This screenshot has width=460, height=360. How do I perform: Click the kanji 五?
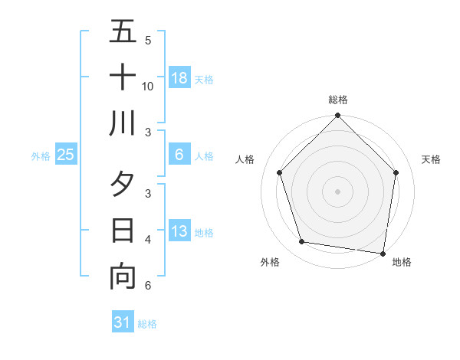point(123,31)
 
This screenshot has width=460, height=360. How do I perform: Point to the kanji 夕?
point(123,185)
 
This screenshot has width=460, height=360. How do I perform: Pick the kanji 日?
point(123,231)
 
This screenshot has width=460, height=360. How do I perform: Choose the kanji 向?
point(123,277)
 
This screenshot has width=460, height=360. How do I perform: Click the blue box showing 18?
point(179,77)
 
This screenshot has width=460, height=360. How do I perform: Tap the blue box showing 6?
point(179,155)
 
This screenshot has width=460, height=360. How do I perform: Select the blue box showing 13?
point(179,231)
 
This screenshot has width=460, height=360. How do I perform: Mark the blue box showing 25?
point(66,155)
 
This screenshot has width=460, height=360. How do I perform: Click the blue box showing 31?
point(123,322)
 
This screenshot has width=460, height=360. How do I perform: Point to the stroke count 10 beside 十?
point(148,86)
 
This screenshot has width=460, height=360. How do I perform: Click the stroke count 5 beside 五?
point(148,40)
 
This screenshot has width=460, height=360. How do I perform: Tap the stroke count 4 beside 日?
point(148,240)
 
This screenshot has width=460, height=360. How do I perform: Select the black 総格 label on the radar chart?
point(338,100)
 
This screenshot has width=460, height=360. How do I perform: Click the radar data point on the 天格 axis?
point(396,172)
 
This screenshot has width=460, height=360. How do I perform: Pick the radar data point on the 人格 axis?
point(280,172)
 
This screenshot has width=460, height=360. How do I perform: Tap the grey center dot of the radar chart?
point(338,191)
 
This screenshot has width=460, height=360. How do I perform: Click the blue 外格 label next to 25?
point(41,155)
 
